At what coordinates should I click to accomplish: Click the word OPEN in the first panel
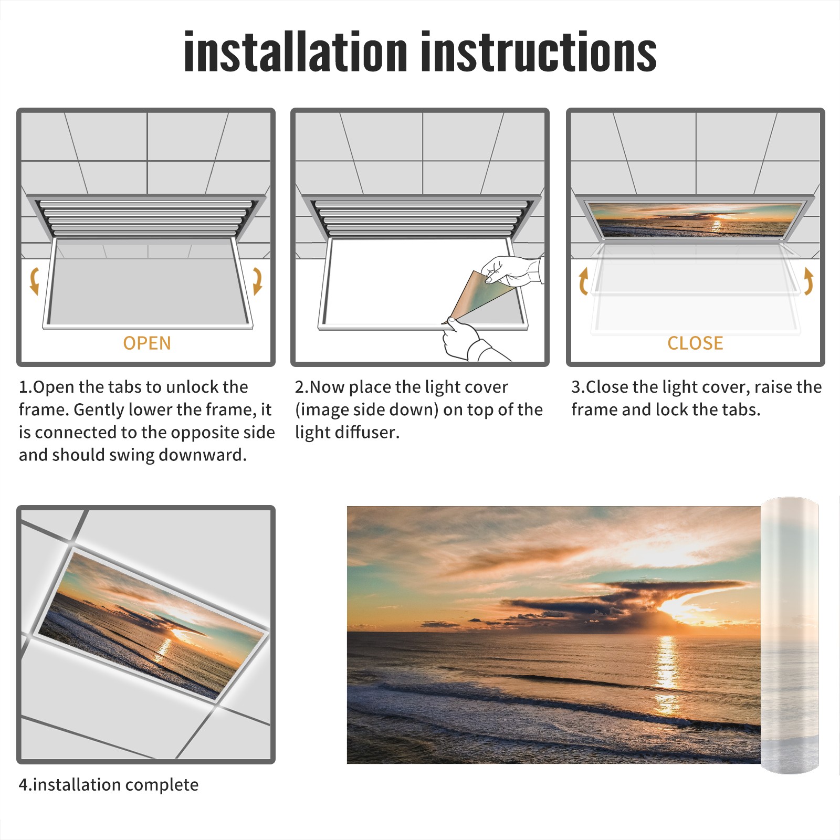coord(147,343)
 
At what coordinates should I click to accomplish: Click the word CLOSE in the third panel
coord(695,343)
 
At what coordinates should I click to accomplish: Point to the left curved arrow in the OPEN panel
coord(34,281)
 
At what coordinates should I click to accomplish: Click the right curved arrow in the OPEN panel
coord(257,281)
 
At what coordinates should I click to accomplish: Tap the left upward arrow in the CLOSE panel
coord(583,281)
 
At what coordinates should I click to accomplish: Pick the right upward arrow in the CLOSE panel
coord(808,281)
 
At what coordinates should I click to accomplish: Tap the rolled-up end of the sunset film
coord(790,635)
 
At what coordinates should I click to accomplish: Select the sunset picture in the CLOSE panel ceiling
coord(695,219)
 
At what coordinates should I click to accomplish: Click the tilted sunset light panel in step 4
coord(152,624)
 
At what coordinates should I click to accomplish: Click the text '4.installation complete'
coord(109,785)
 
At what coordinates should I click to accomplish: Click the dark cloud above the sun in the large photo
coord(630,598)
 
